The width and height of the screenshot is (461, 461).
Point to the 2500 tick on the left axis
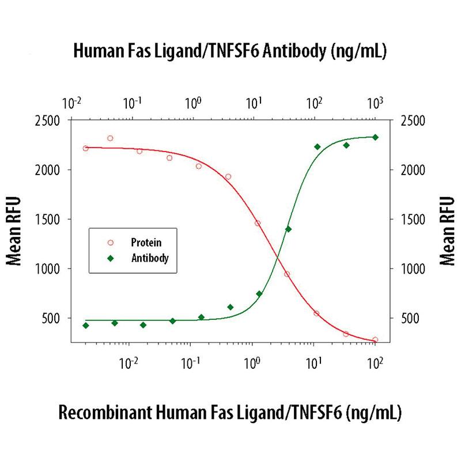click(x=51, y=121)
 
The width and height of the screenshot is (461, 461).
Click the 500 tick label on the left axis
click(x=54, y=318)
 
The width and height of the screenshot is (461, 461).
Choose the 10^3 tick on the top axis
click(x=375, y=104)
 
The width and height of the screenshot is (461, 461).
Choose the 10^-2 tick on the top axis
click(x=72, y=104)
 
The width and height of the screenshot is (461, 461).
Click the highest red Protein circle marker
click(x=110, y=138)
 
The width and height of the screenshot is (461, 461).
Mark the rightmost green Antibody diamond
click(x=375, y=137)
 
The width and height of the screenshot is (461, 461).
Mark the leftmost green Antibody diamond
click(x=86, y=326)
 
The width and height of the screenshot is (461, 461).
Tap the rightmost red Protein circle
click(x=375, y=340)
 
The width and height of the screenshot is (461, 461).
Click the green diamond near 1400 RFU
click(x=288, y=229)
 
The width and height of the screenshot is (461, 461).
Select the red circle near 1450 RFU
click(x=258, y=223)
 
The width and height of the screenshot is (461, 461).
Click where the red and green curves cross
click(x=277, y=256)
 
